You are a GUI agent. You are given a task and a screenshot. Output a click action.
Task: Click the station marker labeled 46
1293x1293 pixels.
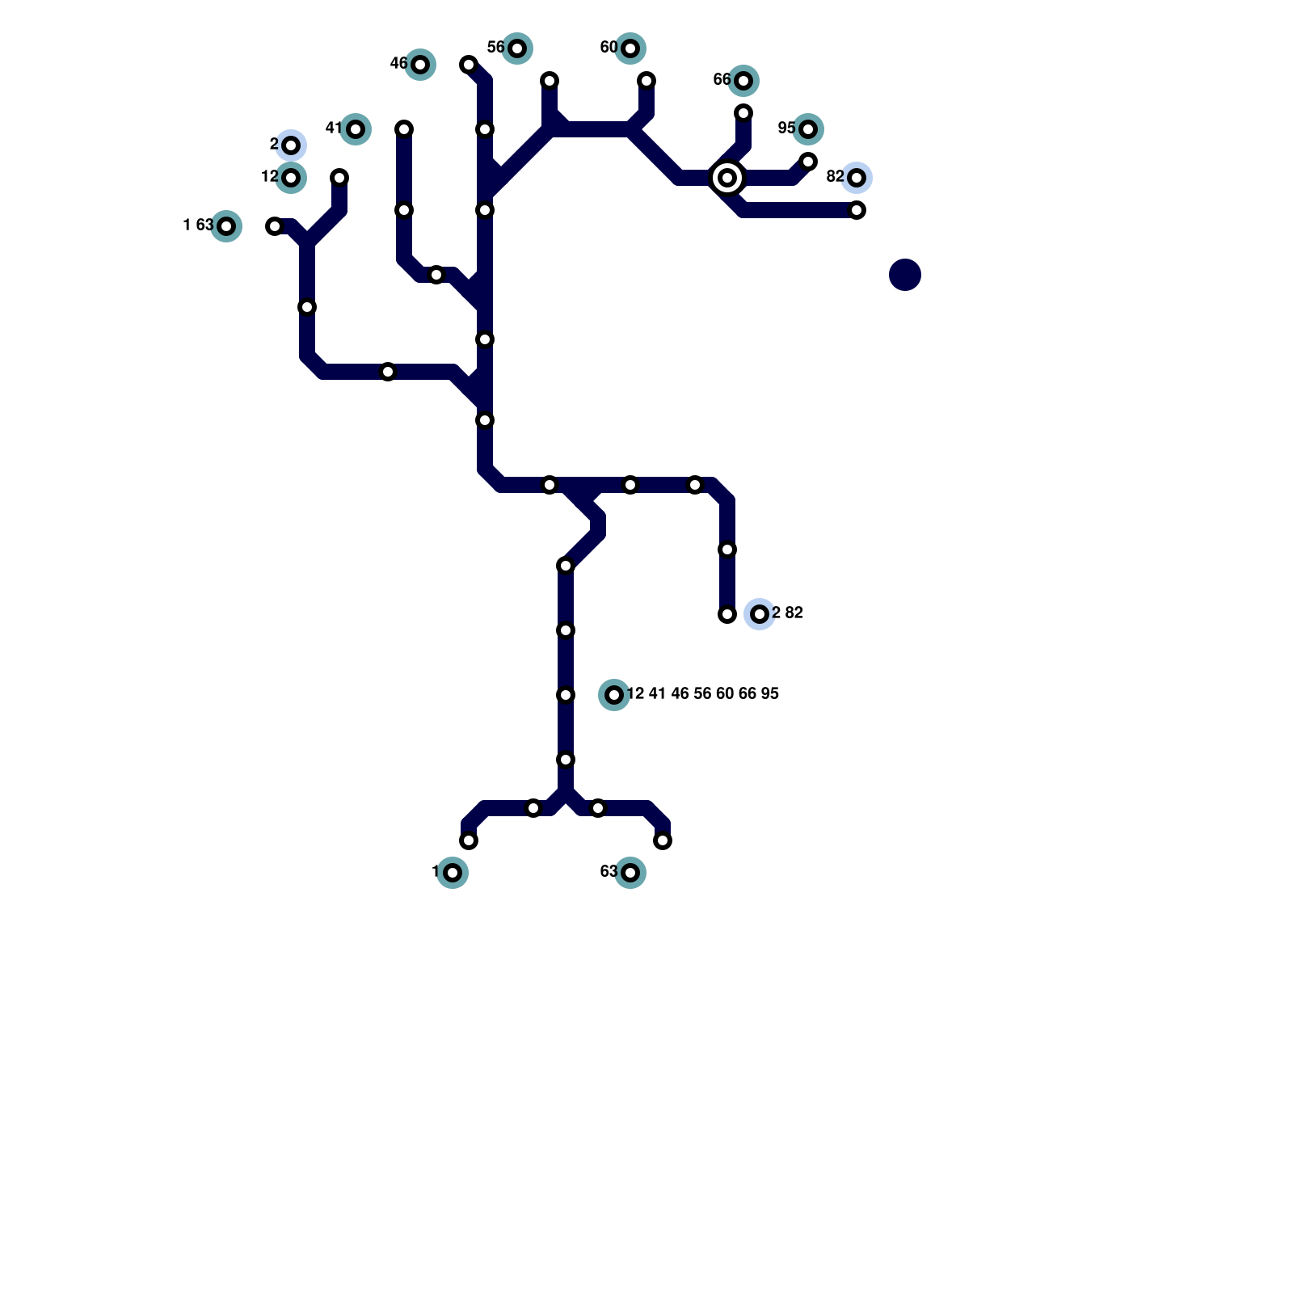coord(420,65)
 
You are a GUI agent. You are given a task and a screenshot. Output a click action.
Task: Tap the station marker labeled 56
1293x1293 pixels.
coord(517,48)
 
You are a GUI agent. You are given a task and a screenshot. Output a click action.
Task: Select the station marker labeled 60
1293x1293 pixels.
coord(630,48)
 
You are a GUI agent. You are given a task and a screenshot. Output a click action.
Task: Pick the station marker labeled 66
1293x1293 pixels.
coord(743,81)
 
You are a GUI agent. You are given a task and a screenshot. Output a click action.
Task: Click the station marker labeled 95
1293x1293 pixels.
coord(808,129)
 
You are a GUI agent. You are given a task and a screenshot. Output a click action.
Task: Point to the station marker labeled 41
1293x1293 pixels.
coord(356,129)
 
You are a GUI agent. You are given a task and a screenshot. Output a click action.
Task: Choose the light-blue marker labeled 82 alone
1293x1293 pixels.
coord(857,178)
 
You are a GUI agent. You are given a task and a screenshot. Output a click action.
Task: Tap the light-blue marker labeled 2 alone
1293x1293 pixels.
coord(291,145)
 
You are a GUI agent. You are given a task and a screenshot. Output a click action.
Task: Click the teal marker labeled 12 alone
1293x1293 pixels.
coord(291,178)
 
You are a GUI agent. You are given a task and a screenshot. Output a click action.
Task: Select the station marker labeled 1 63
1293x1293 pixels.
coord(226,226)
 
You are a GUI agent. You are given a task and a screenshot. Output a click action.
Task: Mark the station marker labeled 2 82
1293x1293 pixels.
coord(760,614)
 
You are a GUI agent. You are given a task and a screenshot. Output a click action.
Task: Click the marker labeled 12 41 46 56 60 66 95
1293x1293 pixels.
coord(614,695)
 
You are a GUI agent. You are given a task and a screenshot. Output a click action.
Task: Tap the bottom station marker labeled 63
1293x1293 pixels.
coord(630,873)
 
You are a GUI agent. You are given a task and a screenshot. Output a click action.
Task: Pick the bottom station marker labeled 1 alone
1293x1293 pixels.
coord(453,873)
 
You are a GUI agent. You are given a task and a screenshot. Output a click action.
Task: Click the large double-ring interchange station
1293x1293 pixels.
coord(727,178)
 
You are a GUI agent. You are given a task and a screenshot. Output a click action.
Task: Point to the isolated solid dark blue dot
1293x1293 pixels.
coord(905,275)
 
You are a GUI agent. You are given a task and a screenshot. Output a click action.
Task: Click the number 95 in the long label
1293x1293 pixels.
coord(769,694)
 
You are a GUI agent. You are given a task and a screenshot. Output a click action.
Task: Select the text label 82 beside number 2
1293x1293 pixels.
coord(794,613)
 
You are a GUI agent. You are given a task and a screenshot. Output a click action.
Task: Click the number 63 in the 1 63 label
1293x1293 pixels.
coord(204,225)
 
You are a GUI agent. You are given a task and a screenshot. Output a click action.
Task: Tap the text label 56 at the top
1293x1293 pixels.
coord(495,48)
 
